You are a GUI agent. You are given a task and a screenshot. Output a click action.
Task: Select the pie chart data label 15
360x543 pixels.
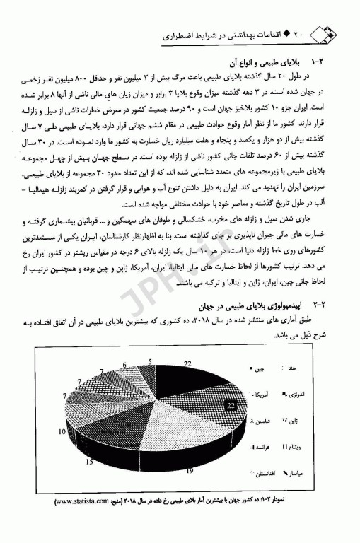point(89,462)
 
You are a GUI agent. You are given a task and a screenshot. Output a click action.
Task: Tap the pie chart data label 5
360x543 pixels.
point(151,361)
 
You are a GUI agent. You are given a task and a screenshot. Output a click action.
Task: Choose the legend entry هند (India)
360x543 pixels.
point(308,368)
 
